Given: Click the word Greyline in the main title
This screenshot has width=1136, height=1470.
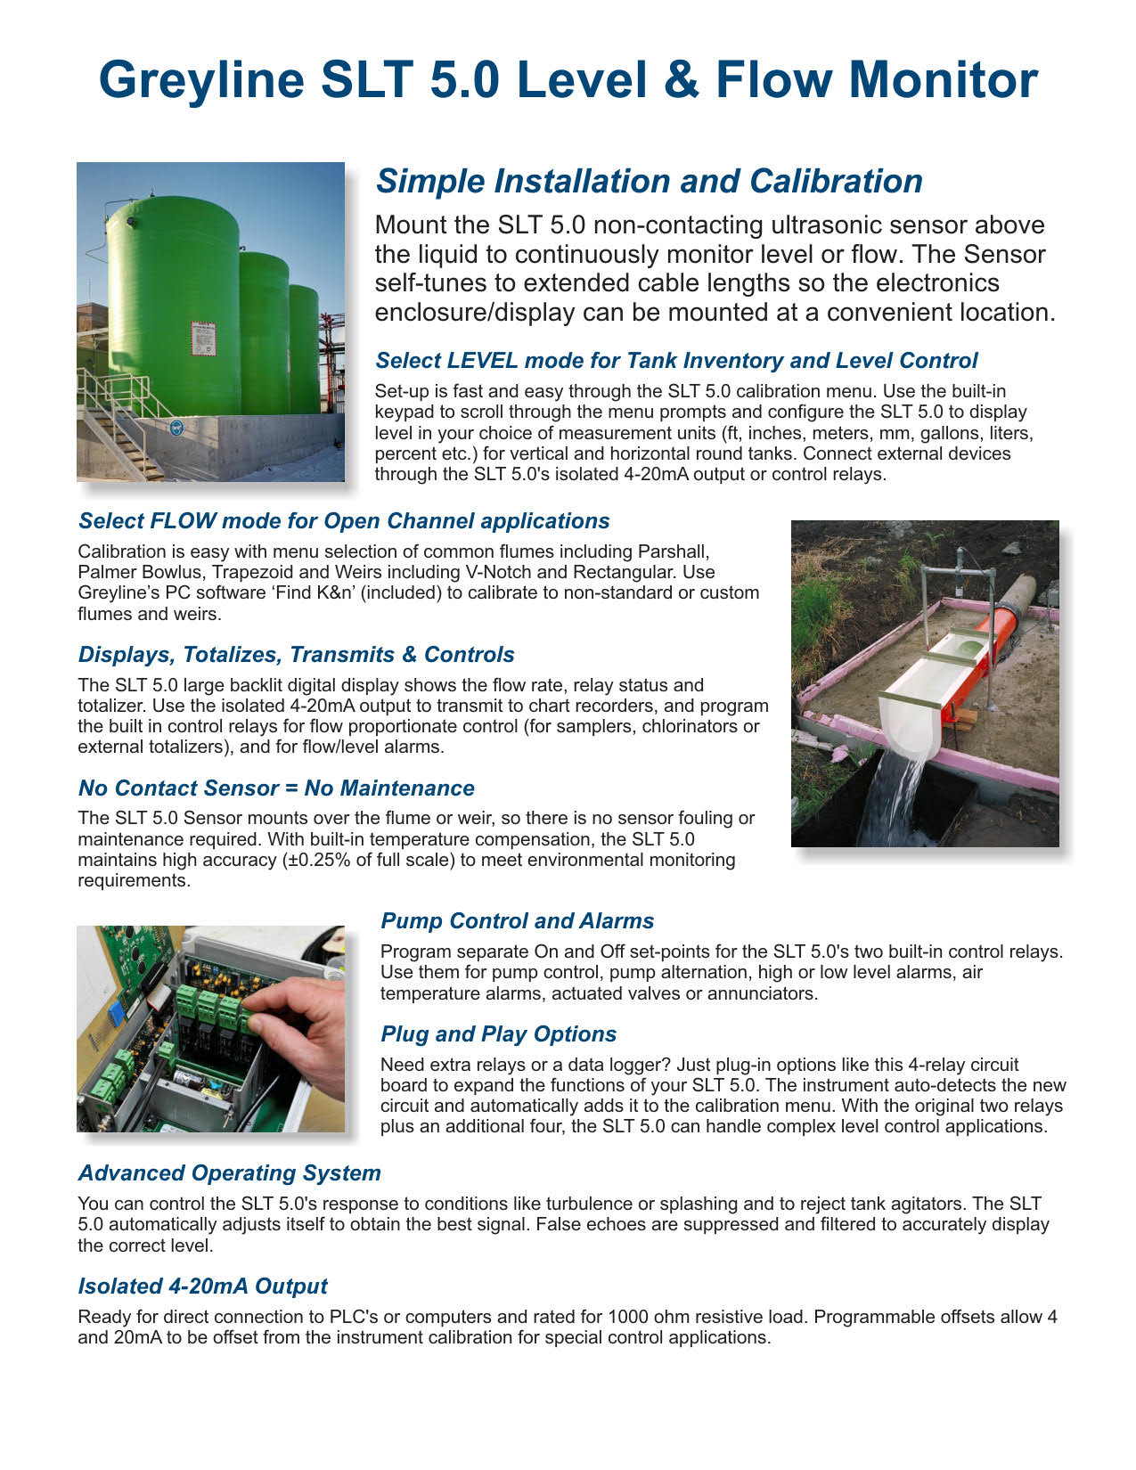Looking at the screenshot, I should click(x=201, y=80).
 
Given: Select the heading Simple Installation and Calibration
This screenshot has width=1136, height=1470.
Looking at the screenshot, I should click(x=649, y=181).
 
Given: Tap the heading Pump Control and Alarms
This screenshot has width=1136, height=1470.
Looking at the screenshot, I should click(x=517, y=921).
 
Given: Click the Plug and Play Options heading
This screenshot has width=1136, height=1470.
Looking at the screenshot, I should click(x=498, y=1034).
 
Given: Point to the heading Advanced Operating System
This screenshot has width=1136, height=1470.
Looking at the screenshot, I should click(x=229, y=1173).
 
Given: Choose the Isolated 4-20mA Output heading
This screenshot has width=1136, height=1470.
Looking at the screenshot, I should click(x=202, y=1286).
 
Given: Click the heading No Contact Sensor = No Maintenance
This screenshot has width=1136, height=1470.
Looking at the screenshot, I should click(x=276, y=788).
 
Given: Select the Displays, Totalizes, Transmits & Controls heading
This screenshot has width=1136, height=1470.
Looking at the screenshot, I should click(x=296, y=655).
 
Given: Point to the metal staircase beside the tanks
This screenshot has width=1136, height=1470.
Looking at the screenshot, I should click(x=111, y=419).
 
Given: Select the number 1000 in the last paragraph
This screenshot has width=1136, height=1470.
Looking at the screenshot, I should click(x=626, y=1317).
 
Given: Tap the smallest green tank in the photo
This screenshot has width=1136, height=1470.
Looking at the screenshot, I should click(x=303, y=347).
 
